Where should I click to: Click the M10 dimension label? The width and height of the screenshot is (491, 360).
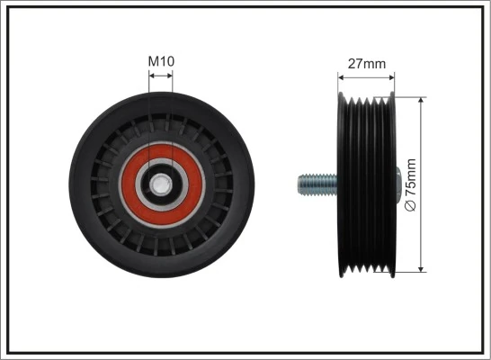coord(161,61)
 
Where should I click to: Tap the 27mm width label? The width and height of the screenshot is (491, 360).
coord(366,64)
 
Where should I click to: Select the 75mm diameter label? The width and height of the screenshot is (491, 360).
coord(411,184)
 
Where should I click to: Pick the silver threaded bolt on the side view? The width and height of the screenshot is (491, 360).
coord(314,185)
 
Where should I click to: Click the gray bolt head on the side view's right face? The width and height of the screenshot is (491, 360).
coord(397,184)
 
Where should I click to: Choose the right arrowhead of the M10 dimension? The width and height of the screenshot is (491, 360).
coord(171,77)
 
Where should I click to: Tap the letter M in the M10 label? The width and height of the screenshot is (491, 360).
coord(152,61)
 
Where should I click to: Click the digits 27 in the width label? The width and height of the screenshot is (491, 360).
coord(354,64)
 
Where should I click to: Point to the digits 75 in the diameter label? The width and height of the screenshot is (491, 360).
coord(411,193)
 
